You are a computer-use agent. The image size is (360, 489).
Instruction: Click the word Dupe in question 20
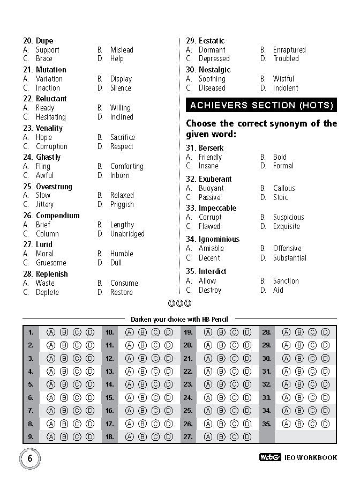44,41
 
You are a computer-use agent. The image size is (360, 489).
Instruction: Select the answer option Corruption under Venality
51,146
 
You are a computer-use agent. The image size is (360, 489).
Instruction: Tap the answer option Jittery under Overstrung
45,204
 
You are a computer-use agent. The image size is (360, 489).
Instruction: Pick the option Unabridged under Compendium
127,234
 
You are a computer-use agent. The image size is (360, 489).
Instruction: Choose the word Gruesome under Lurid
51,263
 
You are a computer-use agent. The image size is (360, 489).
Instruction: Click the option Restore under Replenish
122,292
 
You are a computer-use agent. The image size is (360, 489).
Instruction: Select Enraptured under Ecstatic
289,50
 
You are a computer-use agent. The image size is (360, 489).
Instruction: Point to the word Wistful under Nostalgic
283,79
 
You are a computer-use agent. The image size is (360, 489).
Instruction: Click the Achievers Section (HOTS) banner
261,105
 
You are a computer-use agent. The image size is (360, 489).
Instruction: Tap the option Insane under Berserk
208,166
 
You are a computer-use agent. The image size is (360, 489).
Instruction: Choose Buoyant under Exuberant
211,188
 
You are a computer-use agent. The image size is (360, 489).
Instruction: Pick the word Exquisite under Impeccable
287,226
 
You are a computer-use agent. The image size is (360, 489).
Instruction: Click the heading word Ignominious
219,239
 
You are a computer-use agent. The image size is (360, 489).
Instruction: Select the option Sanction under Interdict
286,281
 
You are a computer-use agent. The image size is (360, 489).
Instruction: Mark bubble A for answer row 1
51,332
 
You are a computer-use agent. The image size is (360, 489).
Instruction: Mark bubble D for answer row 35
325,424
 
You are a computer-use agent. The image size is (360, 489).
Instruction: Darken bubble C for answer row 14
155,384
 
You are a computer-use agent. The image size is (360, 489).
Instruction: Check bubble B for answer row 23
221,384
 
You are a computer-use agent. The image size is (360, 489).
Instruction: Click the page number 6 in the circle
30,458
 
